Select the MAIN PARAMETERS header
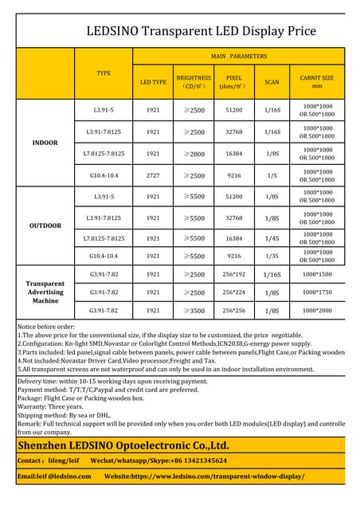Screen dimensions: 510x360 [x=238, y=57]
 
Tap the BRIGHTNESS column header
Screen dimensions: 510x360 [x=194, y=81]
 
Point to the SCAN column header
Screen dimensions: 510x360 [x=272, y=81]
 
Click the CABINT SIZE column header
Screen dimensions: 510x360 [x=316, y=81]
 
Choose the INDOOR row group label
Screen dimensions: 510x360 [x=45, y=143]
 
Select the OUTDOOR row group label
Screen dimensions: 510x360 [x=45, y=226]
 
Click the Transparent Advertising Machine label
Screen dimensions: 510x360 [x=45, y=292]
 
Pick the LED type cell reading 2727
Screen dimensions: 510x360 [x=153, y=175]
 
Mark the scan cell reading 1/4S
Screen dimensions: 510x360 [x=272, y=237]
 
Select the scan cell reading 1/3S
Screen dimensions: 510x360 [x=272, y=256]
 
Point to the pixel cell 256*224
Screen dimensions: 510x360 [x=234, y=292]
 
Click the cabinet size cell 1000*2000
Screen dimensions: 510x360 [x=316, y=310]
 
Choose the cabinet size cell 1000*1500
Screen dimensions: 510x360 [x=316, y=274]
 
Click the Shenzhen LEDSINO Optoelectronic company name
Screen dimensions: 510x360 [x=123, y=445]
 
